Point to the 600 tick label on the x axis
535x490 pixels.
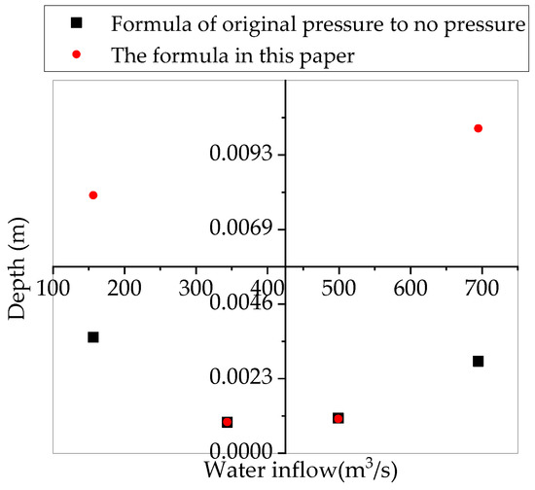(410, 288)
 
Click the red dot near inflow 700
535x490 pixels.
(478, 128)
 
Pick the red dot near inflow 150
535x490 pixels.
(92, 195)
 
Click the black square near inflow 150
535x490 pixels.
(92, 337)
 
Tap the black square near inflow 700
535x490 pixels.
(478, 362)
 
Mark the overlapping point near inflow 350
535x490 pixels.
(227, 422)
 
